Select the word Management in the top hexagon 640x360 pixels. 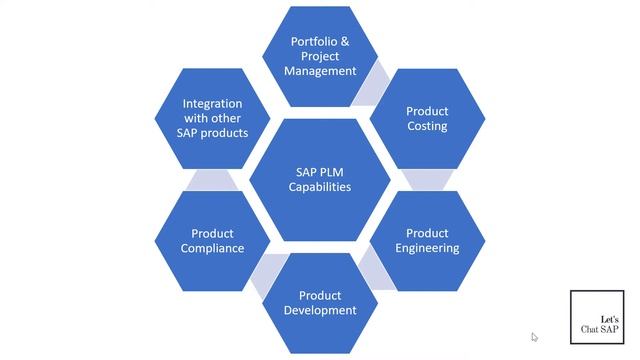pyautogui.click(x=320, y=71)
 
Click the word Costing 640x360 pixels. pyautogui.click(x=427, y=126)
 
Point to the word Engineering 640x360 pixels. pyautogui.click(x=427, y=248)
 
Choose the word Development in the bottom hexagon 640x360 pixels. pyautogui.click(x=320, y=310)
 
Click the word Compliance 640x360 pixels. pyautogui.click(x=212, y=248)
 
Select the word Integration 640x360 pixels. pyautogui.click(x=212, y=103)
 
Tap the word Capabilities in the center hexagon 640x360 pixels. pyautogui.click(x=320, y=186)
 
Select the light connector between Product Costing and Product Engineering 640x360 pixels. pyautogui.click(x=427, y=179)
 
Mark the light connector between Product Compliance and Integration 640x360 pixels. pyautogui.click(x=212, y=179)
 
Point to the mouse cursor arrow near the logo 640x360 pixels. pyautogui.click(x=534, y=337)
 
